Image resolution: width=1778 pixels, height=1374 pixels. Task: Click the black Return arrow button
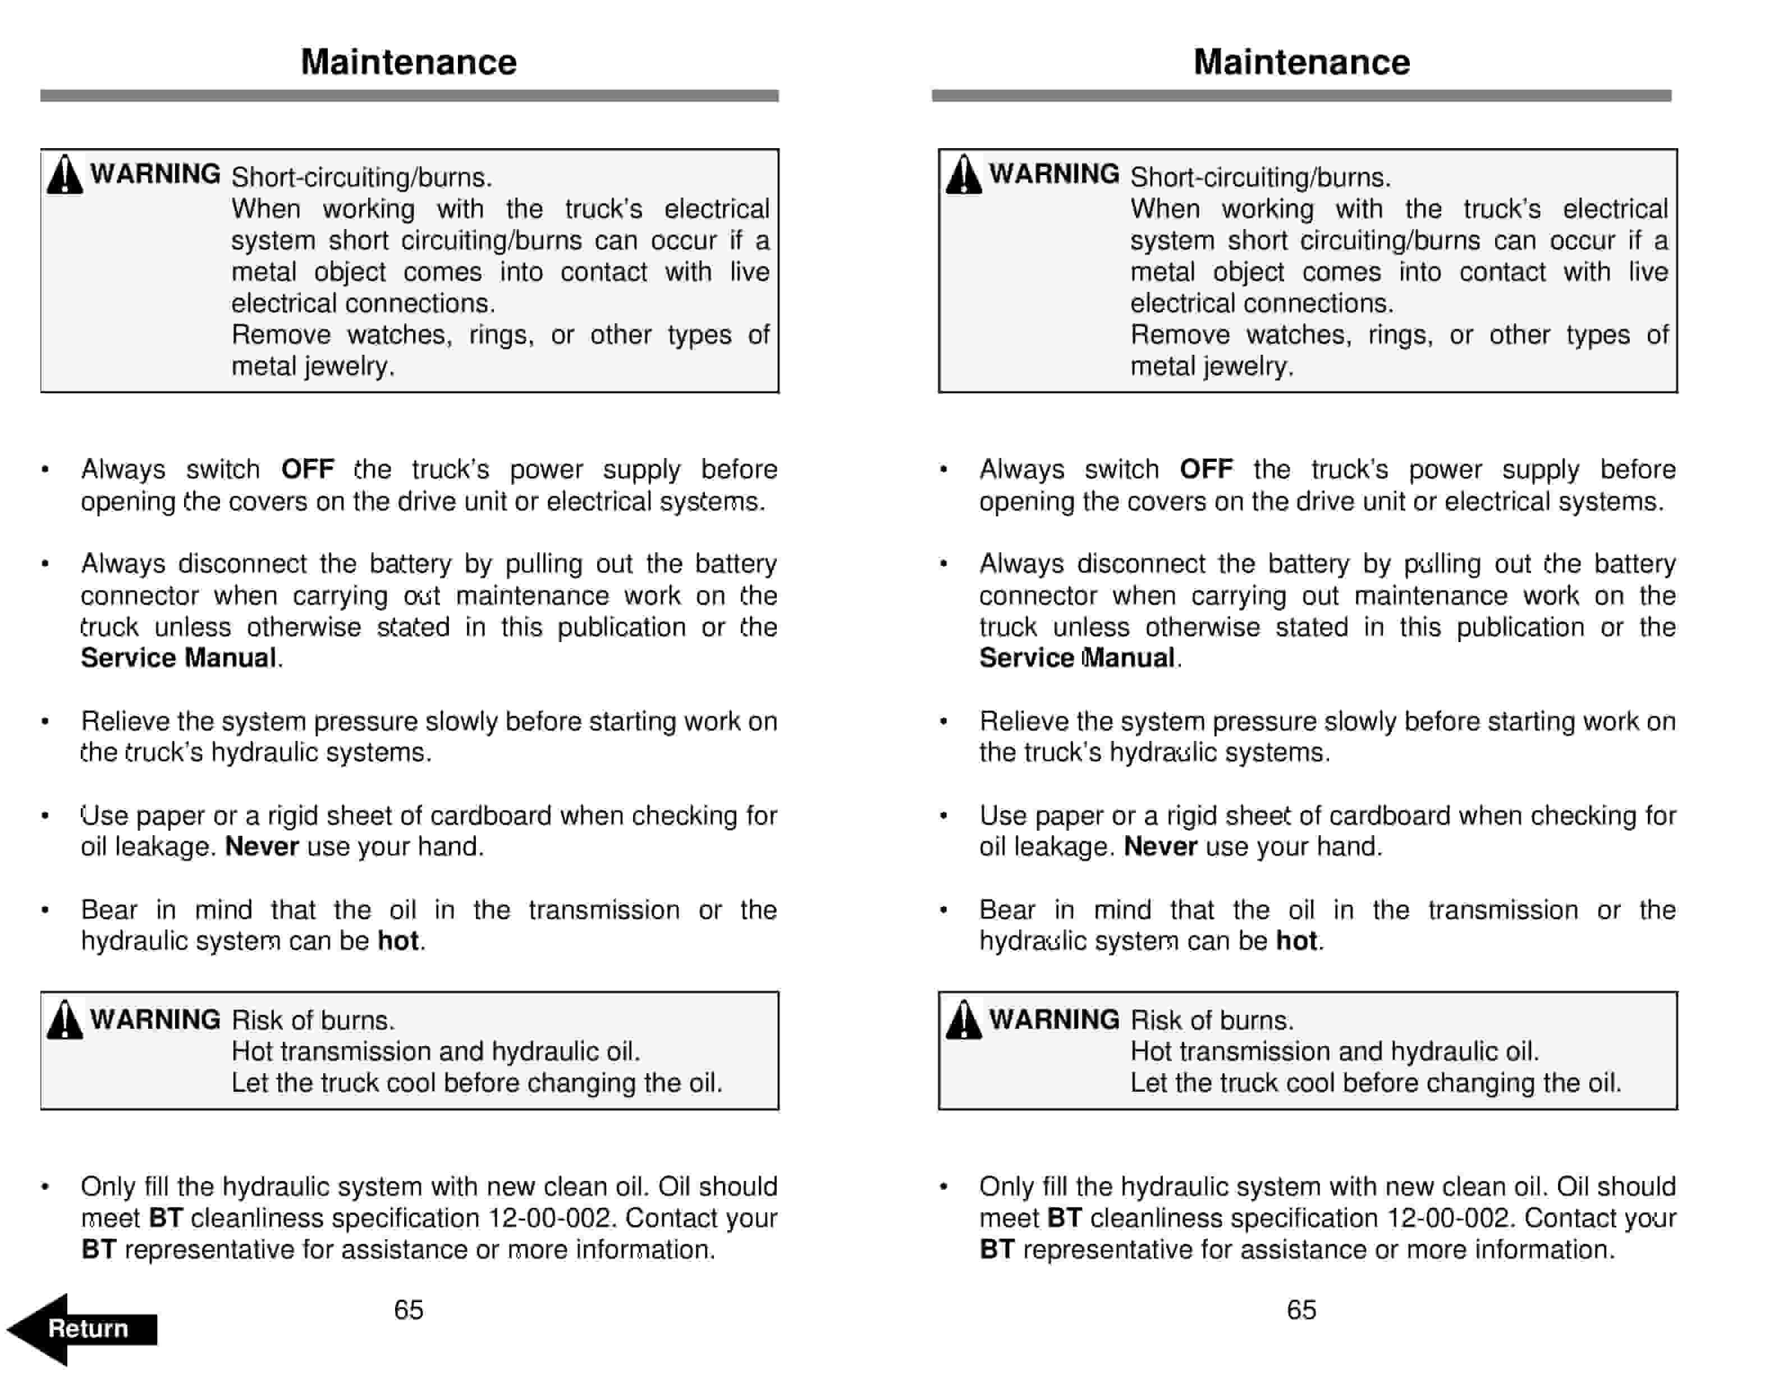pos(81,1329)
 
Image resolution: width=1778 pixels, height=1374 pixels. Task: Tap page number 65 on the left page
pos(408,1309)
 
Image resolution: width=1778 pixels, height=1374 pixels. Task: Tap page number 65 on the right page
pos(1301,1309)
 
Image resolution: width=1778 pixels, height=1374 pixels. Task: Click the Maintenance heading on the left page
pos(409,62)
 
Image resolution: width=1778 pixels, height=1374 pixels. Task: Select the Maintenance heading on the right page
pos(1301,62)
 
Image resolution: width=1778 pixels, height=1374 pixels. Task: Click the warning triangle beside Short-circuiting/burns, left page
pos(65,175)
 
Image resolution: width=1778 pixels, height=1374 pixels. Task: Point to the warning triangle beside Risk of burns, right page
pos(963,1020)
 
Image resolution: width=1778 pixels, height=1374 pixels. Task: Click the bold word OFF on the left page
pos(307,470)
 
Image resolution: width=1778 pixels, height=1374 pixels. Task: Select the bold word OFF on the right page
pos(1206,470)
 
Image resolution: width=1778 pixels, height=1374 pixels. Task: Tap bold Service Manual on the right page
pos(1076,658)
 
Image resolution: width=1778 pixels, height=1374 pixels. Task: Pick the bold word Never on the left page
pos(262,846)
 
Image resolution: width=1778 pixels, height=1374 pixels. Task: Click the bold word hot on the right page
pos(1296,941)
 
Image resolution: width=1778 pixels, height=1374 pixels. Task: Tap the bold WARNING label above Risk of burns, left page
pos(155,1019)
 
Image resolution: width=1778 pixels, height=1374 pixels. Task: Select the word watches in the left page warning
pos(399,335)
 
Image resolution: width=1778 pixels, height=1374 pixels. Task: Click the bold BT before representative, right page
pos(996,1249)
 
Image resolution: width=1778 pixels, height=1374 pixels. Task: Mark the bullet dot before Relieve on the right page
pos(943,722)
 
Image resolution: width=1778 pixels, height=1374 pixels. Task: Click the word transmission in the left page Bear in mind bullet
pos(603,910)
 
